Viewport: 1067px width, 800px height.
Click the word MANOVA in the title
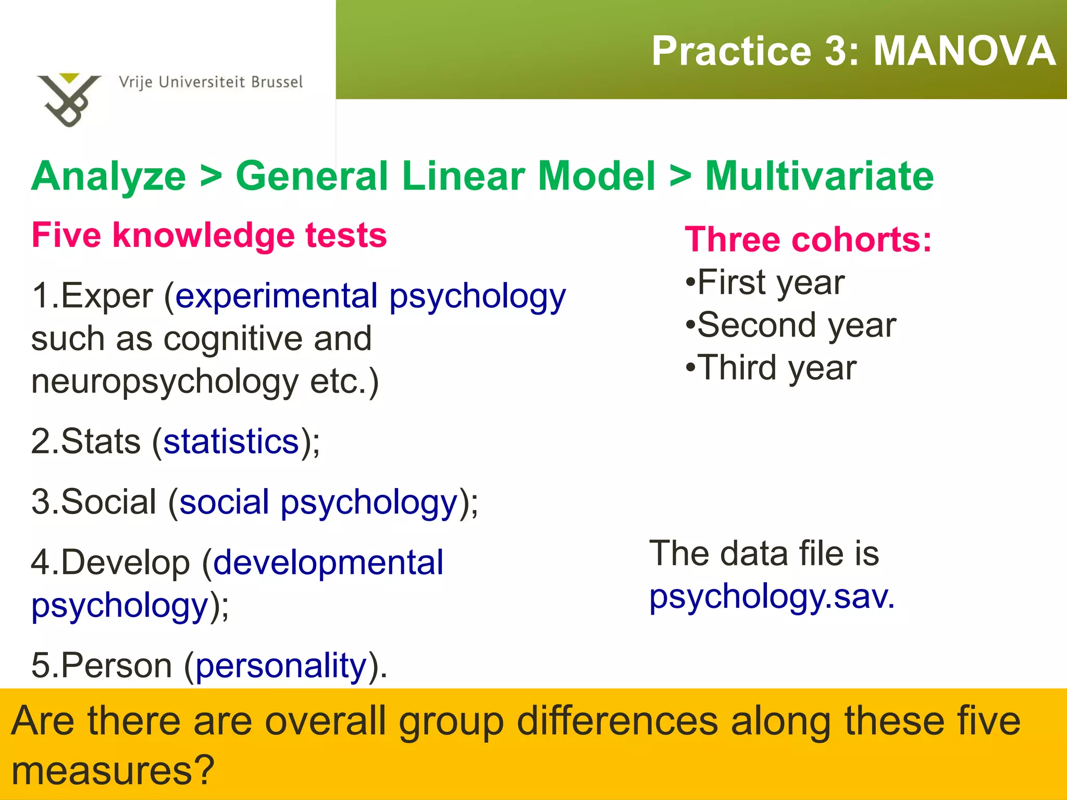coord(964,51)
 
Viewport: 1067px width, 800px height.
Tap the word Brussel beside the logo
coord(277,82)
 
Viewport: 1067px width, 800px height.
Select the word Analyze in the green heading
coord(108,176)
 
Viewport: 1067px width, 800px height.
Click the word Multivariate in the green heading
coord(819,176)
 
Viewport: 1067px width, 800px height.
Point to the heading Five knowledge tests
coord(209,235)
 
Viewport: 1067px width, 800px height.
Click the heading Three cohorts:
coord(808,240)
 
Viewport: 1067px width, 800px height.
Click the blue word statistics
coord(231,442)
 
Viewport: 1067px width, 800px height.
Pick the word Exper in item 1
coord(107,296)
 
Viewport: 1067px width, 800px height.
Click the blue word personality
coord(281,666)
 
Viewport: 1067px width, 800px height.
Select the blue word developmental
coord(328,562)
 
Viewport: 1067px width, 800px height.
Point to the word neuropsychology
coord(165,382)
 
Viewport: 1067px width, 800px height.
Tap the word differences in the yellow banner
coord(617,721)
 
